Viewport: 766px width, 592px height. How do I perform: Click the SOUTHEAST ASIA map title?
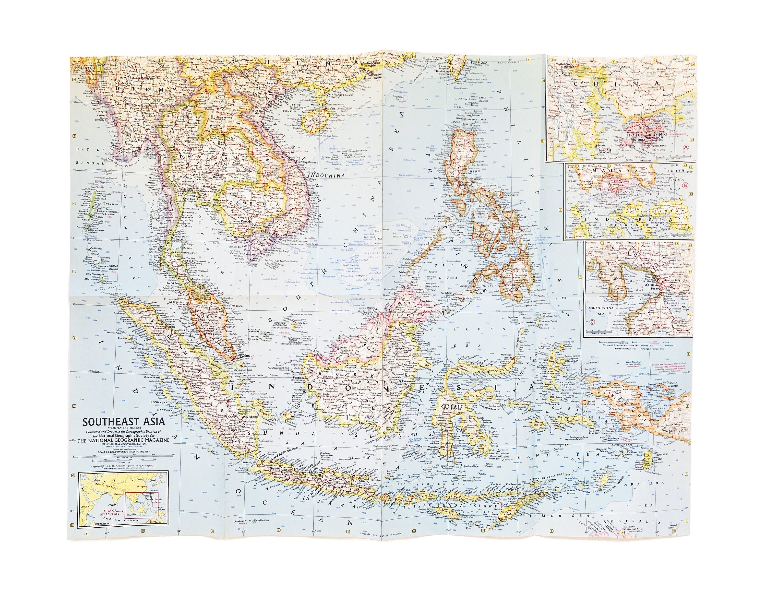click(x=124, y=421)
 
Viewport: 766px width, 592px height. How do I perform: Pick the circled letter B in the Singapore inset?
click(x=684, y=185)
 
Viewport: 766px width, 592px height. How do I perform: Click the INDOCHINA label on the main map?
click(x=326, y=175)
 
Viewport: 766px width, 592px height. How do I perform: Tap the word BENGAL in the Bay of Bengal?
click(x=84, y=163)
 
